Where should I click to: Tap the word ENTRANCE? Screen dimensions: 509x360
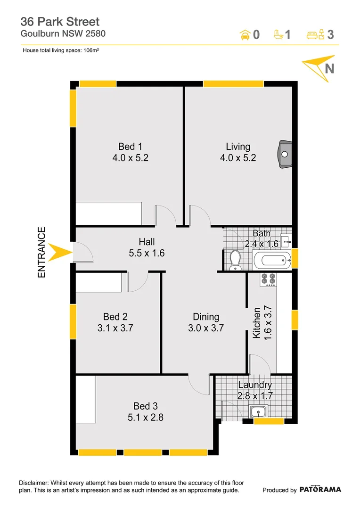pyautogui.click(x=42, y=252)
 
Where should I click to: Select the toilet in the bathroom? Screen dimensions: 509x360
pyautogui.click(x=235, y=261)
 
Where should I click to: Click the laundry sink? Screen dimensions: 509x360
pyautogui.click(x=258, y=412)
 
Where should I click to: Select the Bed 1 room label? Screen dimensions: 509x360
pyautogui.click(x=127, y=147)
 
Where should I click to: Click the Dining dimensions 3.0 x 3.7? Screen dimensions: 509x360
pyautogui.click(x=206, y=328)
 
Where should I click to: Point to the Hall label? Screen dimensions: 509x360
pyautogui.click(x=147, y=242)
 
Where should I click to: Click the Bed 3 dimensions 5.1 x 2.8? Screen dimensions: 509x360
pyautogui.click(x=145, y=417)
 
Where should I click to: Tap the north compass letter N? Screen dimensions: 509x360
pyautogui.click(x=330, y=68)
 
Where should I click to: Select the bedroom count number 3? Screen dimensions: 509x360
pyautogui.click(x=331, y=34)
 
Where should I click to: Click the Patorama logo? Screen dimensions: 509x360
pyautogui.click(x=320, y=489)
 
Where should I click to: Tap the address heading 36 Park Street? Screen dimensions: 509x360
pyautogui.click(x=60, y=21)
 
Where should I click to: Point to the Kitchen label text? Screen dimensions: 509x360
pyautogui.click(x=257, y=323)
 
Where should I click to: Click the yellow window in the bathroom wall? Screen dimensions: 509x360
pyautogui.click(x=295, y=258)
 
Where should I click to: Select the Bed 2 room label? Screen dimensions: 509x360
pyautogui.click(x=115, y=317)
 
